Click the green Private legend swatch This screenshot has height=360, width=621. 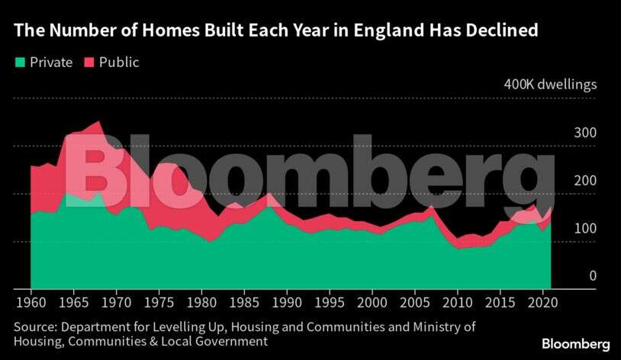tap(21, 63)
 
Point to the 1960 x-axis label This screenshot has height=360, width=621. tap(31, 303)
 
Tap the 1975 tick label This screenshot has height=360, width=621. tap(158, 303)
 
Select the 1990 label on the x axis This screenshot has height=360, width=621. tap(286, 303)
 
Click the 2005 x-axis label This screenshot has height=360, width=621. tap(414, 303)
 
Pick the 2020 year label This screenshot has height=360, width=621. tap(542, 303)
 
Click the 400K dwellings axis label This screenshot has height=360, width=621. tap(550, 84)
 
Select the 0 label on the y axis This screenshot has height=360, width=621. tap(590, 275)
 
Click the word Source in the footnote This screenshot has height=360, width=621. tap(33, 327)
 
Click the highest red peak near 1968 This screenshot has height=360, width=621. tap(98, 122)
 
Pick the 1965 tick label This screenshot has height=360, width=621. tap(73, 303)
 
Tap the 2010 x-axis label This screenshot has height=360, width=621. tap(457, 303)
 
